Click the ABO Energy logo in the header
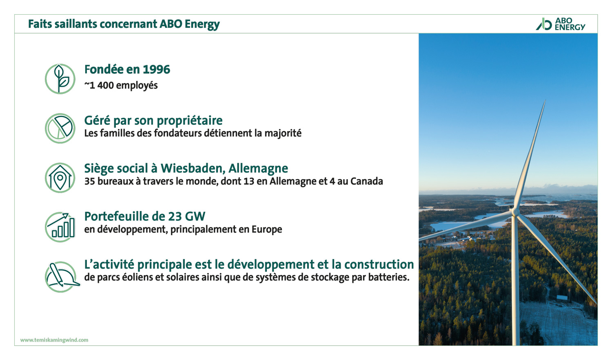[x=560, y=24]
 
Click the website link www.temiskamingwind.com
[x=54, y=340]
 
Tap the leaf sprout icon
[x=60, y=79]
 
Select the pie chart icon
[x=60, y=128]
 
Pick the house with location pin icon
[x=60, y=178]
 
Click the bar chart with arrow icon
[x=60, y=227]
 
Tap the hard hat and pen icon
[x=62, y=277]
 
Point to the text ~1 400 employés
[x=121, y=85]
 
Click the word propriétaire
[x=190, y=121]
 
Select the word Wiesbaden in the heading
[x=193, y=169]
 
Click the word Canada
[x=367, y=181]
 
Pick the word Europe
[x=267, y=229]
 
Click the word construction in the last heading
[x=379, y=264]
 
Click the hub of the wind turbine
[x=515, y=211]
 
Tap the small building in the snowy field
[x=562, y=298]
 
